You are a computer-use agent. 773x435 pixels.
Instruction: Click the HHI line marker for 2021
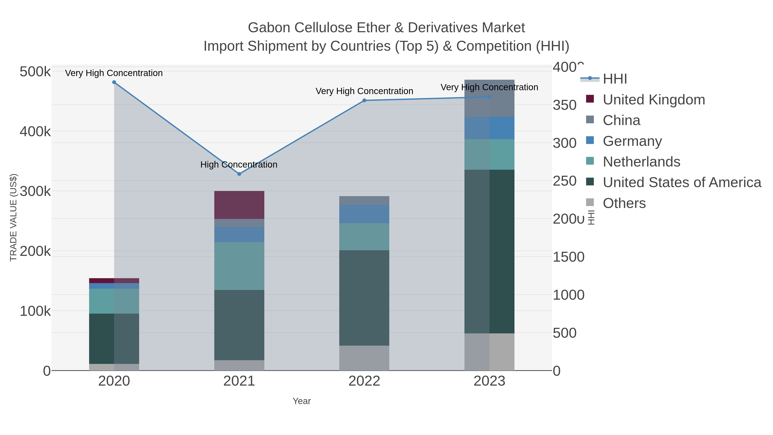click(x=239, y=174)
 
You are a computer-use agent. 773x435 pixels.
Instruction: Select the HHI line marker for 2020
click(x=114, y=82)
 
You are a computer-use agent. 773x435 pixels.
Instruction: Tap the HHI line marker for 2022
click(x=364, y=101)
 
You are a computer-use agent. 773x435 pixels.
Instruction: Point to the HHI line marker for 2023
click(x=489, y=97)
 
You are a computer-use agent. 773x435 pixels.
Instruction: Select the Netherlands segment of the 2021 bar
click(x=239, y=266)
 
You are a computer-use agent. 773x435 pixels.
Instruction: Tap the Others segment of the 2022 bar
click(x=364, y=358)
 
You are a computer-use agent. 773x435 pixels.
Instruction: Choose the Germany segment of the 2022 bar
click(x=364, y=214)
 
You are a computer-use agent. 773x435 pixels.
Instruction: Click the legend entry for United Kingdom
click(x=654, y=100)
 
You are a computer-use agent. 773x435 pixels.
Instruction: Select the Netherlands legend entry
click(x=641, y=162)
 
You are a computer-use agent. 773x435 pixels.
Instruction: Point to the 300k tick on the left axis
click(x=35, y=191)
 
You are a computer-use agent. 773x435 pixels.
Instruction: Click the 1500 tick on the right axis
click(x=568, y=257)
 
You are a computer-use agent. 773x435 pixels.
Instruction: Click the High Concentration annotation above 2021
click(x=239, y=165)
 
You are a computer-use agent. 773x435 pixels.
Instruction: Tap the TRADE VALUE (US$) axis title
click(x=14, y=217)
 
